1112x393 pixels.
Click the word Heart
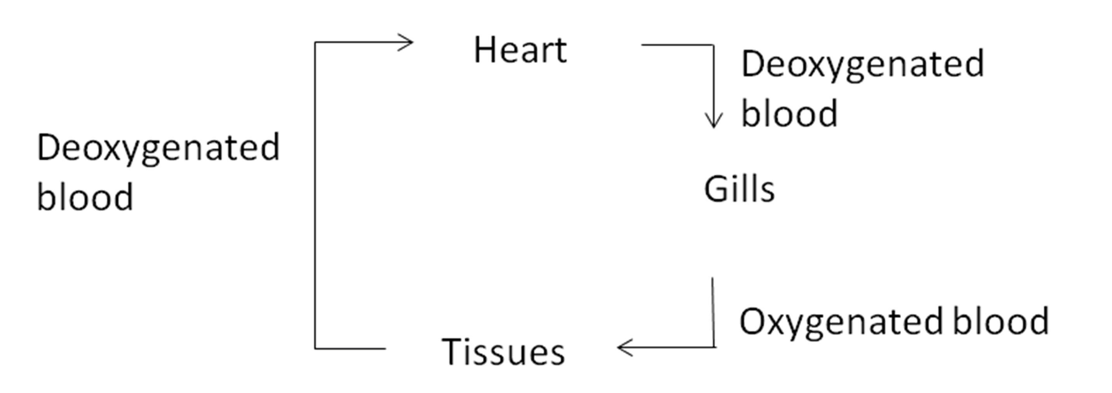click(x=520, y=50)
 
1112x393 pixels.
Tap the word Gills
click(x=739, y=189)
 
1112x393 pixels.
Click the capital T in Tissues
click(x=452, y=351)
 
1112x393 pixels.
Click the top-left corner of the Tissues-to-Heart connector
click(x=315, y=43)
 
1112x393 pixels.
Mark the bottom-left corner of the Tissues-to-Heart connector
click(x=315, y=348)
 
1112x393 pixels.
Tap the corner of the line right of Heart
click(x=713, y=45)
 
